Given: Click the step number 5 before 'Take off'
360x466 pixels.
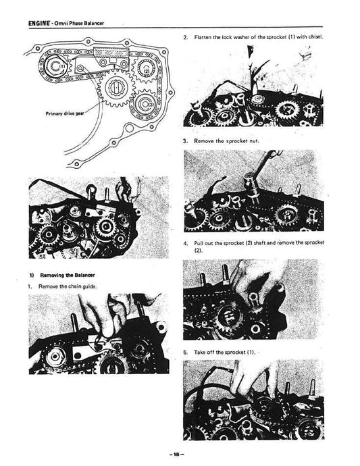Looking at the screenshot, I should [185, 352].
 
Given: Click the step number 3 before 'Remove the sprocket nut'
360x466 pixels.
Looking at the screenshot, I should [185, 141].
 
